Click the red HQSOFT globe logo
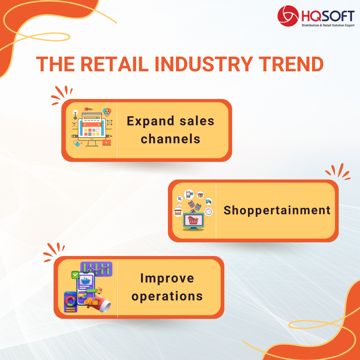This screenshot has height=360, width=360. pyautogui.click(x=288, y=16)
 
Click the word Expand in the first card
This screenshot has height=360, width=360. pyautogui.click(x=151, y=121)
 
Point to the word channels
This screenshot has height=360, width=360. pyautogui.click(x=170, y=139)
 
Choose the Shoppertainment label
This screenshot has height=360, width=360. pyautogui.click(x=277, y=211)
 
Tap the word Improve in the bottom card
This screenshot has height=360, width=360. pyautogui.click(x=167, y=278)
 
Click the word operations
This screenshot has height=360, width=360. pyautogui.click(x=167, y=296)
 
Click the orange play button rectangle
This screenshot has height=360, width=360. pyautogui.click(x=107, y=142)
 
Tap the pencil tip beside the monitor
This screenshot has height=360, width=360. pyautogui.click(x=111, y=136)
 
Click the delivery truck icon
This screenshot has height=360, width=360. pyautogui.click(x=208, y=201)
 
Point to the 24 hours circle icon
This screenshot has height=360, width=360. pyautogui.click(x=208, y=211)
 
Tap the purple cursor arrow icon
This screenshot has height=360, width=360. pyautogui.click(x=180, y=199)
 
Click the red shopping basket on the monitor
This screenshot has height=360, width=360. pyautogui.click(x=193, y=220)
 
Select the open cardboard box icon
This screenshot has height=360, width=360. pyautogui.click(x=200, y=195)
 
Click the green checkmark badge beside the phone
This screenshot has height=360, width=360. pyautogui.click(x=75, y=275)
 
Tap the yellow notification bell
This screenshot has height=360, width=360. pyautogui.click(x=100, y=291)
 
